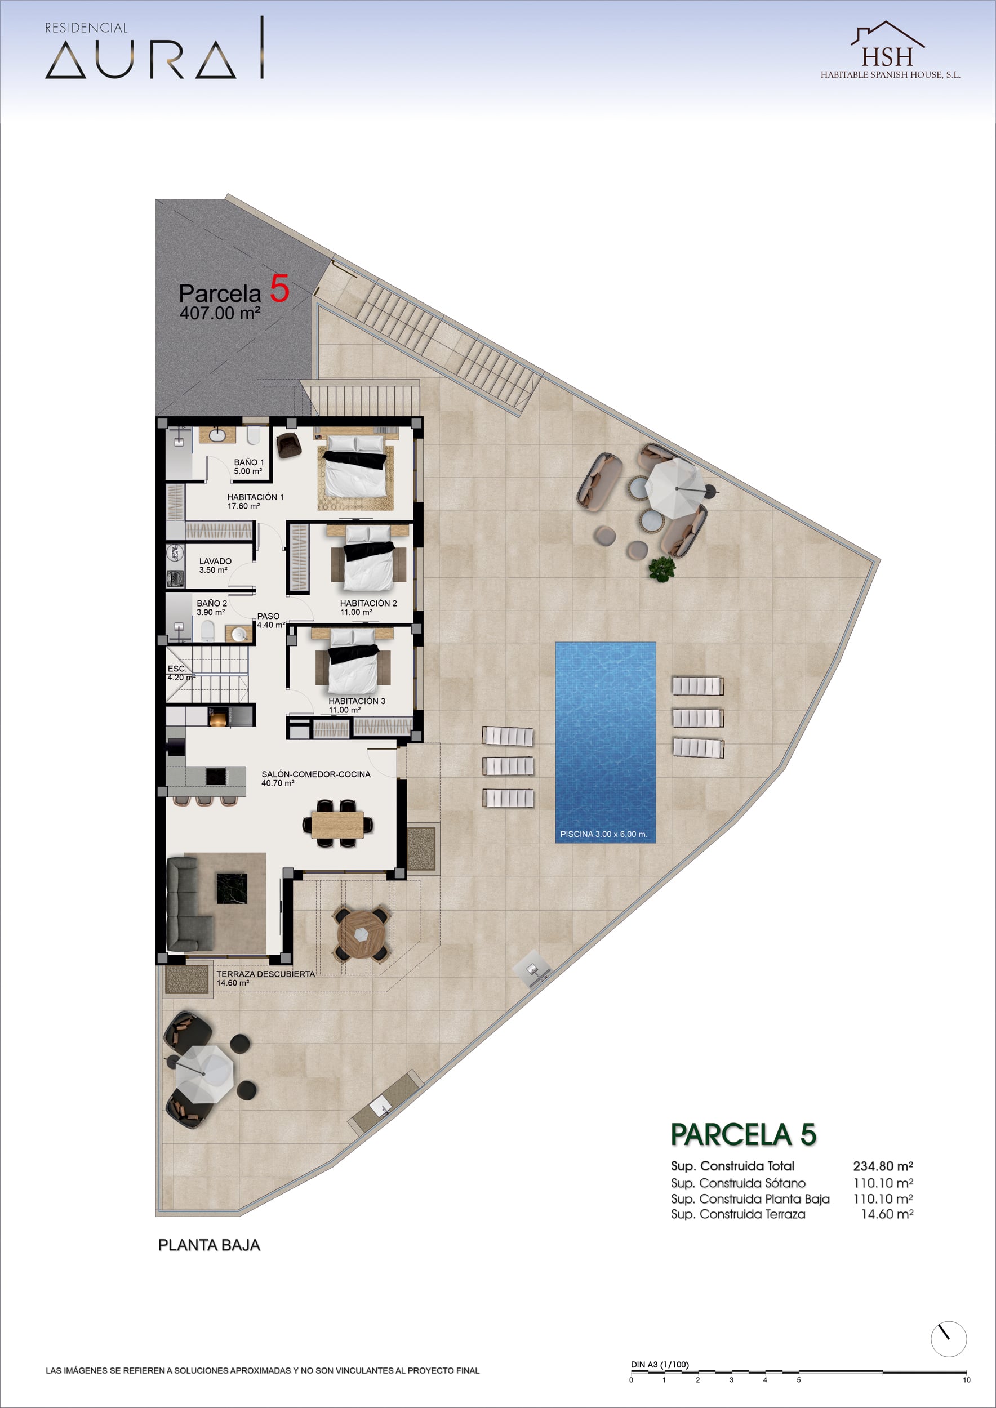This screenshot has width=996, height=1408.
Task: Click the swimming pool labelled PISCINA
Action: point(606,742)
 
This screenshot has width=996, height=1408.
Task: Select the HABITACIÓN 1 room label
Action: point(255,497)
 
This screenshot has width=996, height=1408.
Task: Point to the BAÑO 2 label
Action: point(212,603)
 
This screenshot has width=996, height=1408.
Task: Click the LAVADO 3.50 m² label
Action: point(215,565)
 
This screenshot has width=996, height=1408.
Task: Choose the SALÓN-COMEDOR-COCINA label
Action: point(316,774)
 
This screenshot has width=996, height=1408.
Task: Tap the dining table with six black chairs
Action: point(337,823)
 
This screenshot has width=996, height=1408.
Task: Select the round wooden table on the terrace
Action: point(361,934)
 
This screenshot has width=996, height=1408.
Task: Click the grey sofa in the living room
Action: point(187,904)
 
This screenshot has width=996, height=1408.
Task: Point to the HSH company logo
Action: point(890,50)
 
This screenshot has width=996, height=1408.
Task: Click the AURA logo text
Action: point(141,60)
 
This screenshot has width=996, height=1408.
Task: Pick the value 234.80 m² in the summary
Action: point(883,1166)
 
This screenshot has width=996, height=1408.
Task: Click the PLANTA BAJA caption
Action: point(209,1245)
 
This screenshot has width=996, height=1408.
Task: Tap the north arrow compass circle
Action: point(948,1339)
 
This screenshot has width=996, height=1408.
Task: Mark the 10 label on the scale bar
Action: point(967,1380)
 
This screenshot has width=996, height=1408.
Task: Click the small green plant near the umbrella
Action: point(662,568)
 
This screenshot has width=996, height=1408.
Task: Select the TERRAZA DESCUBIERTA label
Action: point(265,974)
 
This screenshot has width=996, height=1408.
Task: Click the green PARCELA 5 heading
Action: point(743,1134)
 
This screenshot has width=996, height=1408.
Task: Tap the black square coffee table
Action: point(232,889)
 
